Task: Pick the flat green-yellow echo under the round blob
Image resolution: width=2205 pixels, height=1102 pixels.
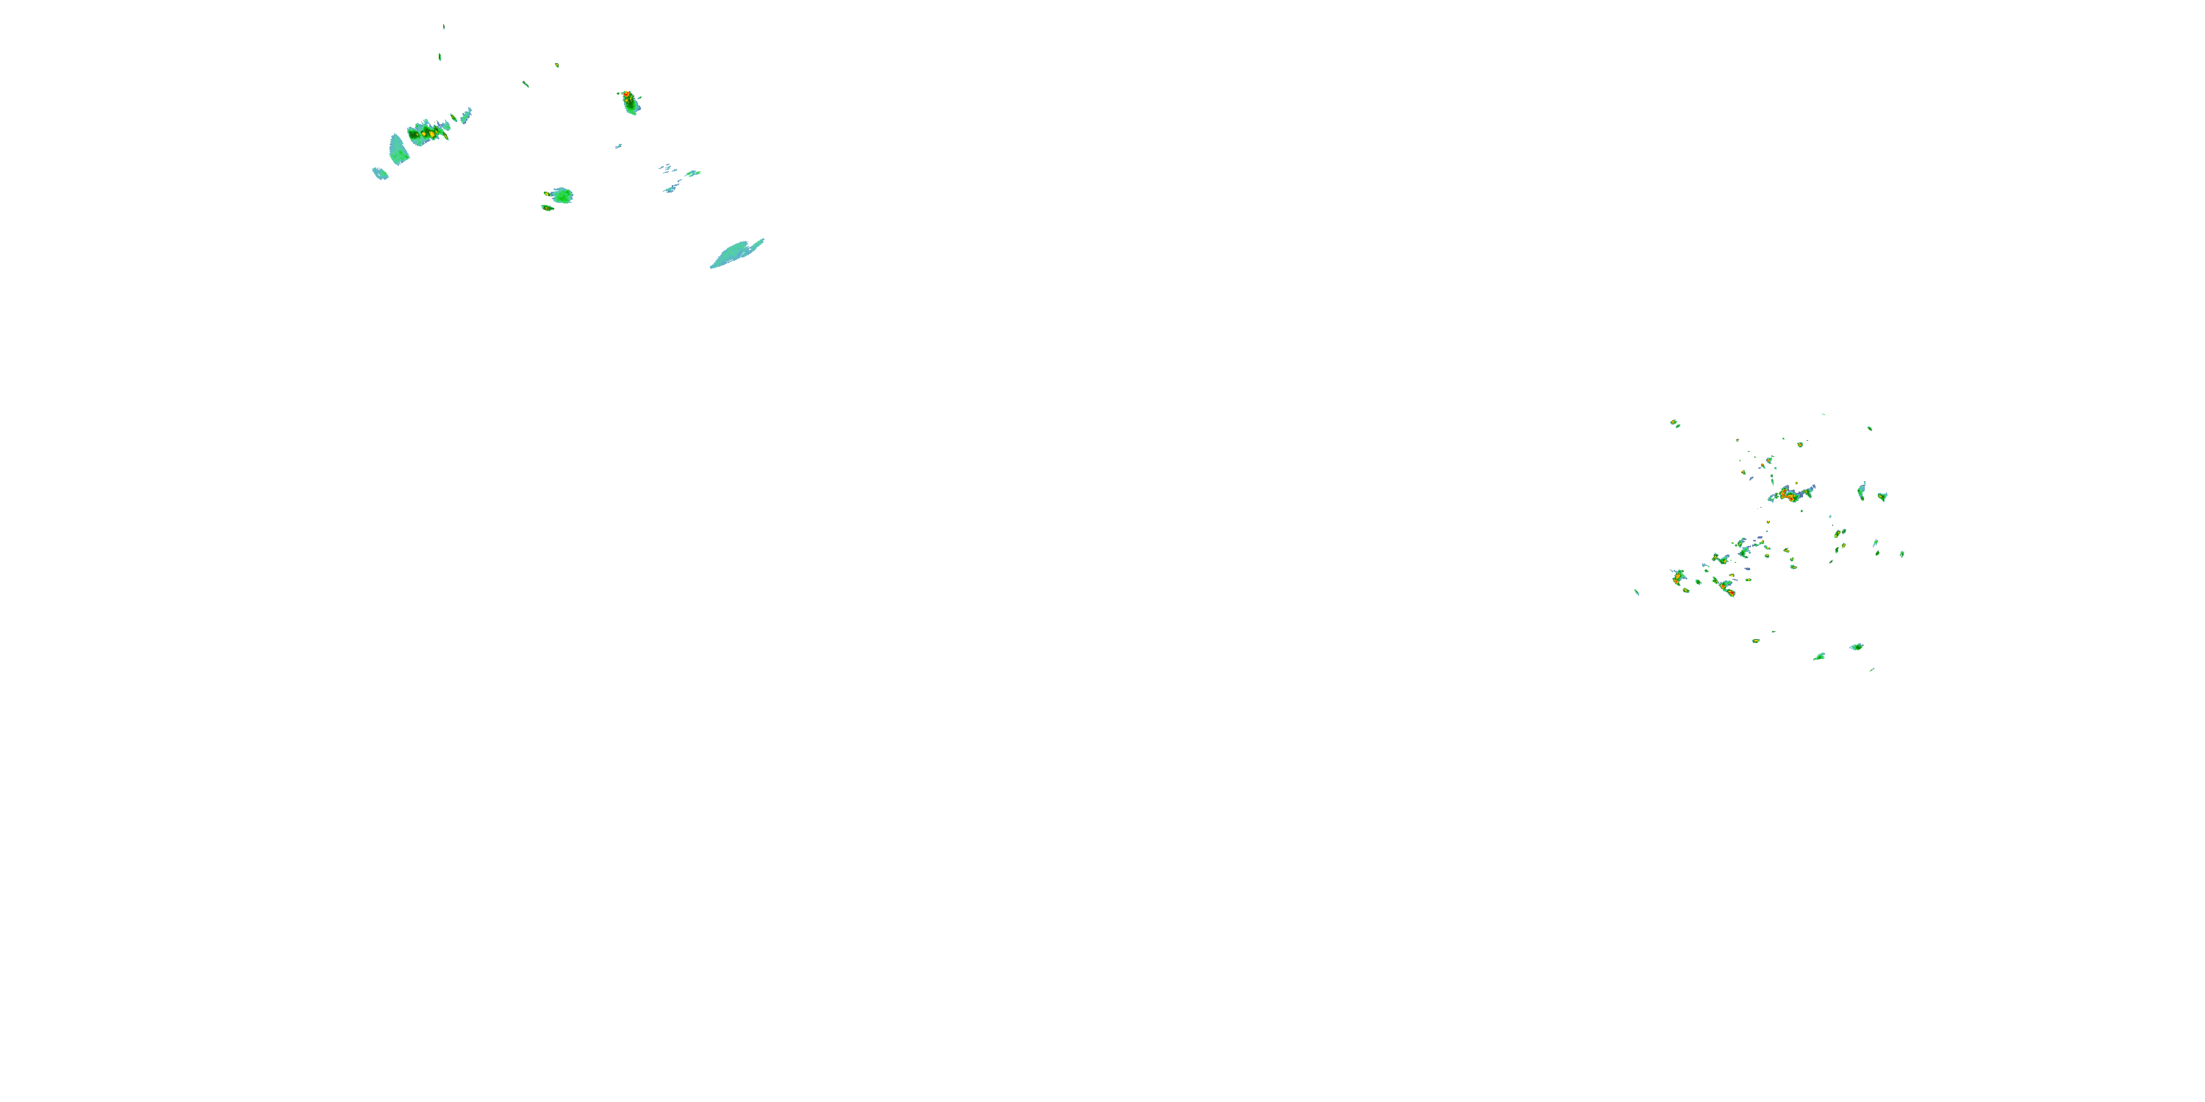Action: click(x=547, y=207)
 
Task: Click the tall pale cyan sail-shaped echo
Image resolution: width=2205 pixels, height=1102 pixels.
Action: click(x=398, y=150)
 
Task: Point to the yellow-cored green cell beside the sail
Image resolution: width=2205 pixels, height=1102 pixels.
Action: click(x=426, y=133)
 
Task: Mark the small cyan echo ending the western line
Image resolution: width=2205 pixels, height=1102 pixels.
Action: click(x=380, y=173)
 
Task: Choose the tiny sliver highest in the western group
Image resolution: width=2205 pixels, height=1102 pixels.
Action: click(x=443, y=27)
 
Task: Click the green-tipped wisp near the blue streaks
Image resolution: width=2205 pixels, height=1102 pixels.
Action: click(x=692, y=173)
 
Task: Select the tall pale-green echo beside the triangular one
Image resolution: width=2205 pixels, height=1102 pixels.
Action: click(x=1862, y=491)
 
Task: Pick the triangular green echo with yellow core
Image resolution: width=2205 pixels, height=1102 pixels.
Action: click(x=1882, y=496)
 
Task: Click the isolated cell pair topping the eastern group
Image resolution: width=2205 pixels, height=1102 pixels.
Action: click(x=1674, y=422)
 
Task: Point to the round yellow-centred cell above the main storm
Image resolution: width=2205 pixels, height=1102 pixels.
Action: click(x=1800, y=445)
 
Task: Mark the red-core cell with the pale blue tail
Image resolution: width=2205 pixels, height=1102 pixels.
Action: click(x=1679, y=577)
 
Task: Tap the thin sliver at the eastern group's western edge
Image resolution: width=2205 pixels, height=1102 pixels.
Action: click(x=1637, y=591)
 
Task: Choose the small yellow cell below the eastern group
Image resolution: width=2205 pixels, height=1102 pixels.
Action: click(x=1756, y=640)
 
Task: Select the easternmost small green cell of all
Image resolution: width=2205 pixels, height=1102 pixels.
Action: click(x=1902, y=553)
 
